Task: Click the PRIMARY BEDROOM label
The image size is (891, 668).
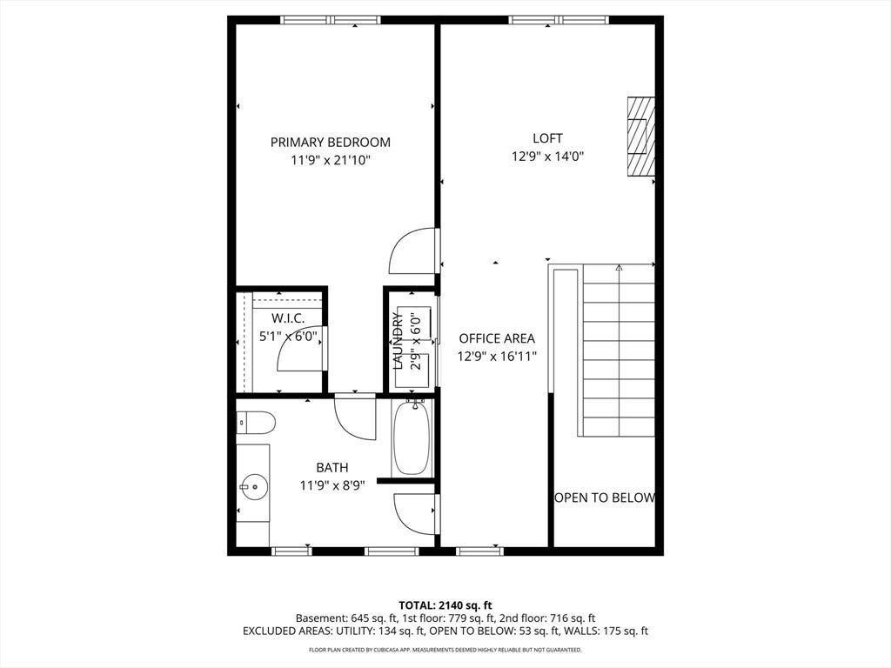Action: coord(330,142)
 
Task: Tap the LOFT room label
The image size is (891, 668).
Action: coord(548,138)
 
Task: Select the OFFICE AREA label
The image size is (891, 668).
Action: coord(497,338)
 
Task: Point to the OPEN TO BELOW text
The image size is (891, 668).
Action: coord(605,498)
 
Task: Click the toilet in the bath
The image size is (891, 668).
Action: coord(256,424)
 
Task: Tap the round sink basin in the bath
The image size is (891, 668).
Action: coord(253,487)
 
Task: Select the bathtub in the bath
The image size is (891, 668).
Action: coord(412,438)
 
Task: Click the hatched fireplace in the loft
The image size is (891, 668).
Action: coord(641,137)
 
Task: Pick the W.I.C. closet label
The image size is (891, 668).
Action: coord(287,318)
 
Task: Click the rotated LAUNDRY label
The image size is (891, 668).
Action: coord(398,341)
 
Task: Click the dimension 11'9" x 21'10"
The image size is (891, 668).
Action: coord(330,161)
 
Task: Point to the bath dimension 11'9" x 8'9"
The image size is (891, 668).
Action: coord(332,485)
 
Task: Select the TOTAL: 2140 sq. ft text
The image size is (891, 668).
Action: coord(445,605)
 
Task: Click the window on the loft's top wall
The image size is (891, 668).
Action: coord(559,20)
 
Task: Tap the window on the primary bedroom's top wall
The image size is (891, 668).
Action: coord(330,20)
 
